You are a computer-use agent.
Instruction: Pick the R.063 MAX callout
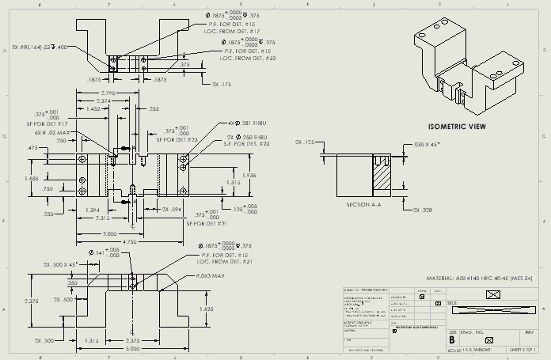215,277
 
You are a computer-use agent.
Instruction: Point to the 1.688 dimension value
32,178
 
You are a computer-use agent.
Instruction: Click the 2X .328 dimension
421,210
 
